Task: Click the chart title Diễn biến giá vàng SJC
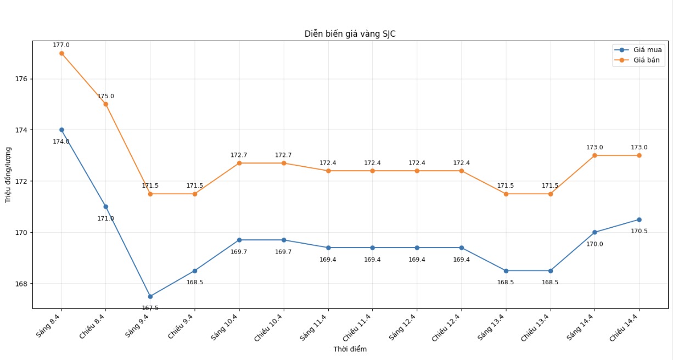pyautogui.click(x=350, y=34)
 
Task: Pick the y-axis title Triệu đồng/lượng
pyautogui.click(x=8, y=175)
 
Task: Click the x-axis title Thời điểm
pyautogui.click(x=350, y=349)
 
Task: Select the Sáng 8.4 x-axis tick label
pyautogui.click(x=48, y=325)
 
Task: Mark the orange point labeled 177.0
pyautogui.click(x=61, y=53)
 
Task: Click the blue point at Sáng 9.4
pyautogui.click(x=150, y=296)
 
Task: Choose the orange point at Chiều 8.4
pyautogui.click(x=105, y=104)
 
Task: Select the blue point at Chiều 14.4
pyautogui.click(x=639, y=220)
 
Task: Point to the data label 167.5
pyautogui.click(x=150, y=308)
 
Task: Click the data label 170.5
pyautogui.click(x=639, y=231)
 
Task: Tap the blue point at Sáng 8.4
pyautogui.click(x=61, y=130)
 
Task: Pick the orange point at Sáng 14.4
pyautogui.click(x=595, y=155)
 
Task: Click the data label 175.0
pyautogui.click(x=105, y=96)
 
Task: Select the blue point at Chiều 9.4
pyautogui.click(x=195, y=271)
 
